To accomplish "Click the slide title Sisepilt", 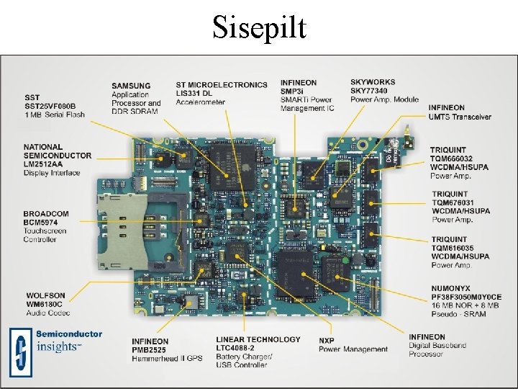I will pyautogui.click(x=259, y=27).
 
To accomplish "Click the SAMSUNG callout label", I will pyautogui.click(x=131, y=86).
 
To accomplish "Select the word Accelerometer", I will pyautogui.click(x=201, y=102).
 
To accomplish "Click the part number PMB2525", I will pyautogui.click(x=150, y=349).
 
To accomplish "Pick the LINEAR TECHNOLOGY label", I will pyautogui.click(x=258, y=339).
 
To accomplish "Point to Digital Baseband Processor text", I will pyautogui.click(x=437, y=350).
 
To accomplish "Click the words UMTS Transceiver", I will pyautogui.click(x=460, y=117).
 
